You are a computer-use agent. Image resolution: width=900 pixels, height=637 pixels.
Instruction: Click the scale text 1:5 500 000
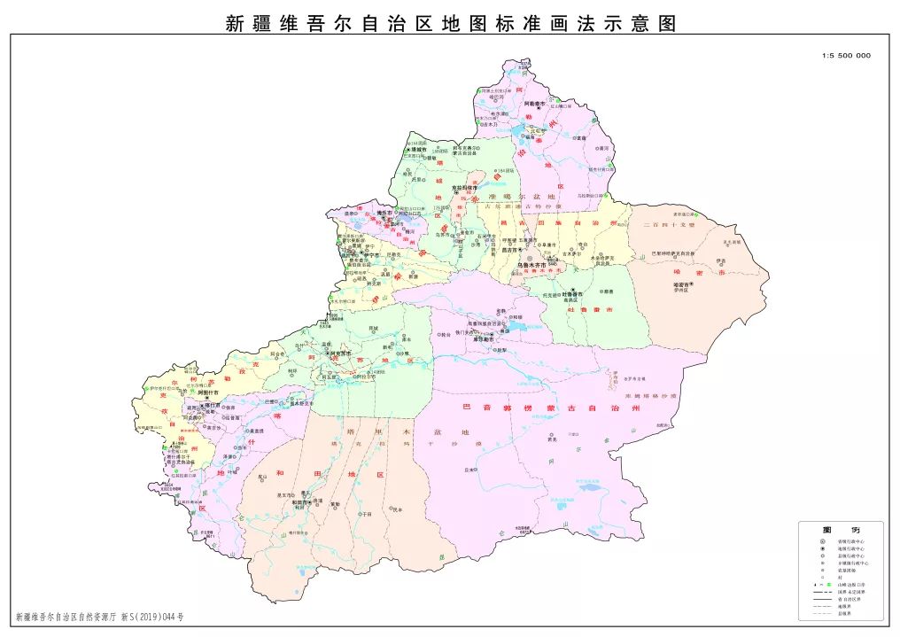[x=846, y=55]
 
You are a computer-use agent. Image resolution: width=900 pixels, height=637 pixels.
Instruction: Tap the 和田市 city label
[x=306, y=502]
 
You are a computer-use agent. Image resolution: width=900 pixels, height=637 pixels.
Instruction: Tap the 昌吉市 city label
[x=510, y=251]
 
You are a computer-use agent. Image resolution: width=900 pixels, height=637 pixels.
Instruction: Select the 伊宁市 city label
[x=369, y=254]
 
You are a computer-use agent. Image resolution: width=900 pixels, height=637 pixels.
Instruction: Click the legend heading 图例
[x=838, y=529]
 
